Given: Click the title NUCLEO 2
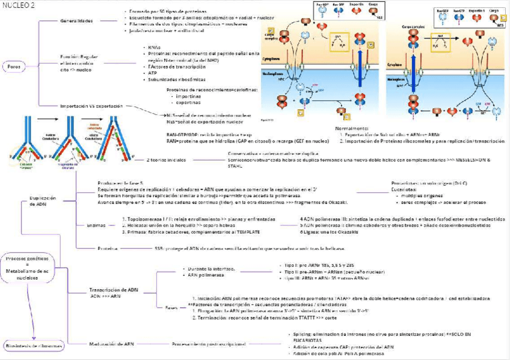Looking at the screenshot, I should tap(18, 4).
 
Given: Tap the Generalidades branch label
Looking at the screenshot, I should tap(77, 21).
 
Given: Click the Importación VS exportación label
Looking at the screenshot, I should tap(91, 106).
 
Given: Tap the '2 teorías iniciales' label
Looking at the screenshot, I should tap(166, 160).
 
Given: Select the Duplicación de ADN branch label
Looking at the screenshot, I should tap(42, 201).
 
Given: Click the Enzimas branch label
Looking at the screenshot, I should tap(96, 225).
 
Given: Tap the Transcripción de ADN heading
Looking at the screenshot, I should tap(114, 290).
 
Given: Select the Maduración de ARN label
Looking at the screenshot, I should tap(112, 344).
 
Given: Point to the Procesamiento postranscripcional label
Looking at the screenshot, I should tap(209, 344).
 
